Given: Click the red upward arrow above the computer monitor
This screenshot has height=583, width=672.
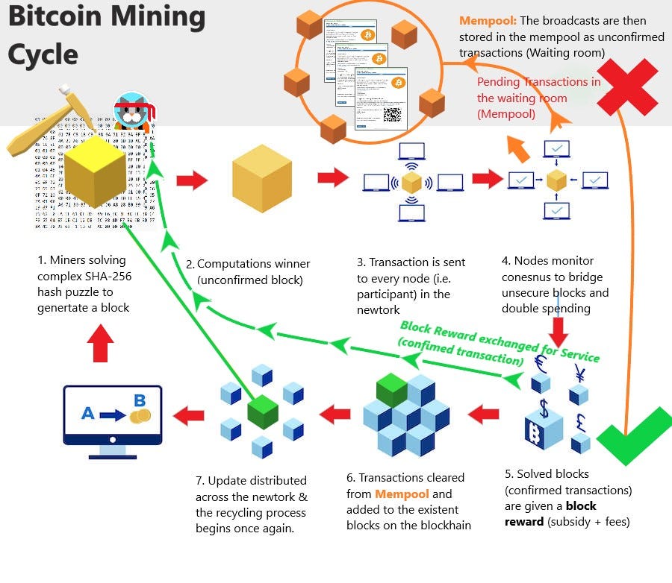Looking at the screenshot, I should coord(100,344).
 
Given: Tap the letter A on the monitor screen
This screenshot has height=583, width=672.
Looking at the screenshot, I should coord(87,412).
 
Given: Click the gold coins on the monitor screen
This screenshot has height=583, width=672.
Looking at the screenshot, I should coord(140,415).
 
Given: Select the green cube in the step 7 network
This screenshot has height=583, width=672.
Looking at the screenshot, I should coord(262,412).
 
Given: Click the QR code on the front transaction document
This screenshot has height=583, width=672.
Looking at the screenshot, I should coord(392,114).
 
